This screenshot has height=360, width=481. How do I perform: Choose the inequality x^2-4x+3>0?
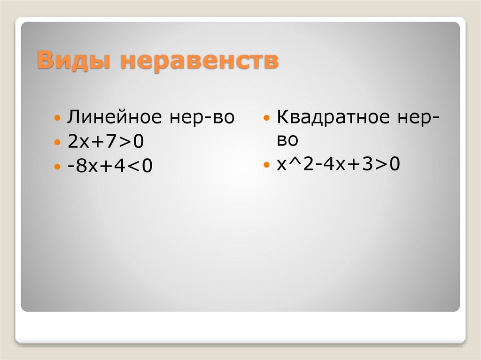[337, 165]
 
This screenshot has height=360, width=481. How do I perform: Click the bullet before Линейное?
[57, 118]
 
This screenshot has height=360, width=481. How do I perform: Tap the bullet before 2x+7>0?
[57, 142]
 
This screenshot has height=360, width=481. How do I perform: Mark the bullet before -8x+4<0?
[57, 167]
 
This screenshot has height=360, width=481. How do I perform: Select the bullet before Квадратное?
[266, 117]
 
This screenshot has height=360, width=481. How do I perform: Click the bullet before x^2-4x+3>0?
[266, 165]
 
